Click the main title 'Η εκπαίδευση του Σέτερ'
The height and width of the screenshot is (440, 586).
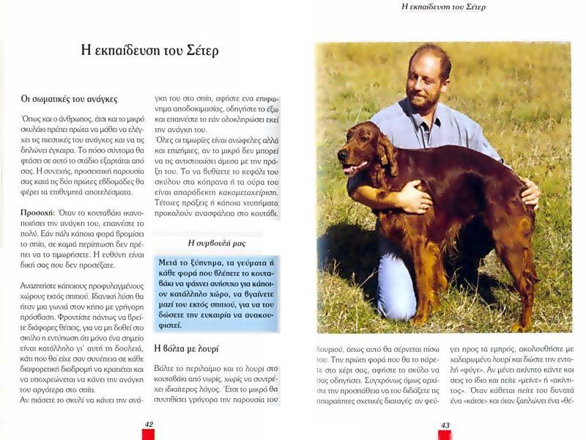[x=149, y=51]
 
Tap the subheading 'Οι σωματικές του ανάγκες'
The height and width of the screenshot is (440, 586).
[x=69, y=98]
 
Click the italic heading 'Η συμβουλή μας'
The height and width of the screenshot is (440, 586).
[x=217, y=243]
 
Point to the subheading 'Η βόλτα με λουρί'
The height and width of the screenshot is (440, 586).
[x=186, y=348]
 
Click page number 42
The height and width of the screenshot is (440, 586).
[x=149, y=424]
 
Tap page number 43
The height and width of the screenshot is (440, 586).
[x=445, y=425]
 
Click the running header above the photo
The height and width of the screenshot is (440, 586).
[x=443, y=7]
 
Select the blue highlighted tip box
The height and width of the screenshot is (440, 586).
[x=217, y=293]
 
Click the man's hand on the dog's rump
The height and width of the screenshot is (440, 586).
[x=530, y=192]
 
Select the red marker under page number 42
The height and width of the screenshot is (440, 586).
[x=149, y=434]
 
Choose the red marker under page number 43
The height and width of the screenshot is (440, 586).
[x=445, y=434]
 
